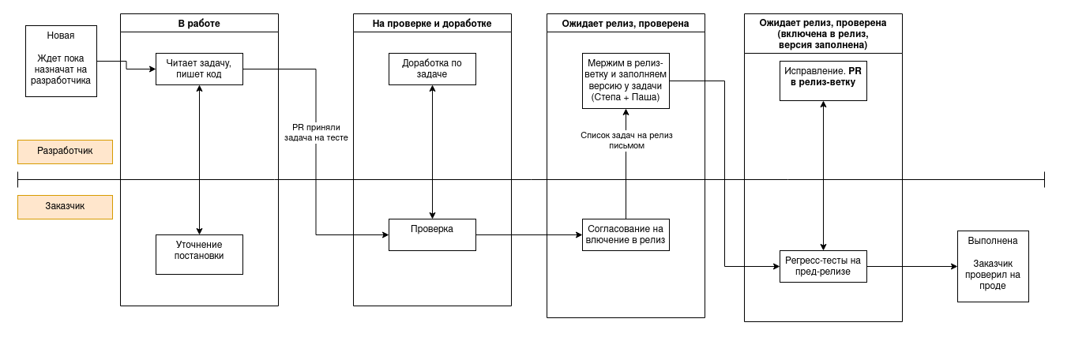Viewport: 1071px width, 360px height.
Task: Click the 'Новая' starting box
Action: click(61, 61)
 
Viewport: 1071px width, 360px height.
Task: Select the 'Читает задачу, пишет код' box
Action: click(199, 69)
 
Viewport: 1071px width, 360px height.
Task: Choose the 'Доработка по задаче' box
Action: click(432, 69)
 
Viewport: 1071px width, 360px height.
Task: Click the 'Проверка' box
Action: click(432, 234)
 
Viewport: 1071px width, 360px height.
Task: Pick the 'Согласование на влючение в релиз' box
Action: click(626, 234)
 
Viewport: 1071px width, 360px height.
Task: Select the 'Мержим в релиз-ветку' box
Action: click(626, 81)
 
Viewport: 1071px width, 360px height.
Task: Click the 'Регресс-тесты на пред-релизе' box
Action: click(823, 266)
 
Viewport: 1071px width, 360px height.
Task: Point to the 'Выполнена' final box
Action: click(993, 266)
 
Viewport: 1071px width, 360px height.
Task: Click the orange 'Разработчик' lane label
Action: click(65, 152)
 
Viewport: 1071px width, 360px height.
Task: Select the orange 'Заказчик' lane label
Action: click(65, 207)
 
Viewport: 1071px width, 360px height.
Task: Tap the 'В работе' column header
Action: click(199, 23)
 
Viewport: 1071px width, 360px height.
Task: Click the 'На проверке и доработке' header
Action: click(432, 23)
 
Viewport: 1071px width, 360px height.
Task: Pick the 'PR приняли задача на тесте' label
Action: click(316, 132)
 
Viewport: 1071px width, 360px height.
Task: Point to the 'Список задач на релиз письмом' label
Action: click(626, 140)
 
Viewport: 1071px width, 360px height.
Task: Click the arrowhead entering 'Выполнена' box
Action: click(953, 267)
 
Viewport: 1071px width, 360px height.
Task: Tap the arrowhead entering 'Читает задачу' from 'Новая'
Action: click(152, 69)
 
